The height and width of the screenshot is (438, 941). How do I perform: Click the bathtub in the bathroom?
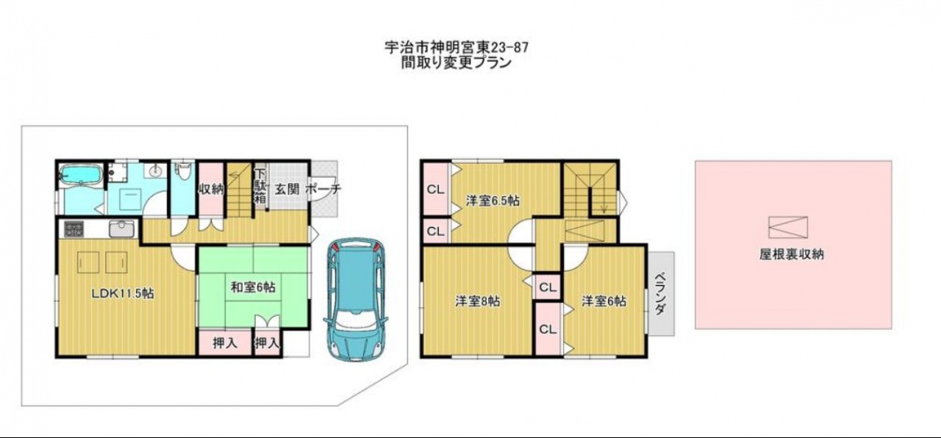pos(81,174)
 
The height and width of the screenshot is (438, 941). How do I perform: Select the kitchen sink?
pos(121,229)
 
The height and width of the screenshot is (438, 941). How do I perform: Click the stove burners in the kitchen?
pos(74,229)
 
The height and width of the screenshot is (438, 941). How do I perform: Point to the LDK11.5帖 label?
pos(123,293)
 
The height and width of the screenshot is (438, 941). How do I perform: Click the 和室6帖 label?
pos(254,287)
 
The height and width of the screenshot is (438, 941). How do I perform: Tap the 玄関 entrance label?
pos(287,190)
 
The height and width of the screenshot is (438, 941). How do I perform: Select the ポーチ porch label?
pos(323,190)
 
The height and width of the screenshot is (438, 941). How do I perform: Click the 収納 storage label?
pos(211,190)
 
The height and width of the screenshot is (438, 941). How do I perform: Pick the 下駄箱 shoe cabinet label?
pos(260,186)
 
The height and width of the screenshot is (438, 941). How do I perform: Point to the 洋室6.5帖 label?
pos(493,201)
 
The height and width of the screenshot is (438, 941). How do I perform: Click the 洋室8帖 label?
pos(478,301)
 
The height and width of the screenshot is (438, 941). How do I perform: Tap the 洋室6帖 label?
pos(604,301)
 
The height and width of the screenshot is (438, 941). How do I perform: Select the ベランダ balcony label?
pos(660,293)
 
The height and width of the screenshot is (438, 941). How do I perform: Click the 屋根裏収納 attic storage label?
pos(792,254)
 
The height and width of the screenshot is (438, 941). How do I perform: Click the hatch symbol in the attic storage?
pos(788,227)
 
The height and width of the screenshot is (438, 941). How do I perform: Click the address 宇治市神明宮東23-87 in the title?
pos(457,48)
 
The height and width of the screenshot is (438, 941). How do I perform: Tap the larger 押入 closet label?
pos(225,343)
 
